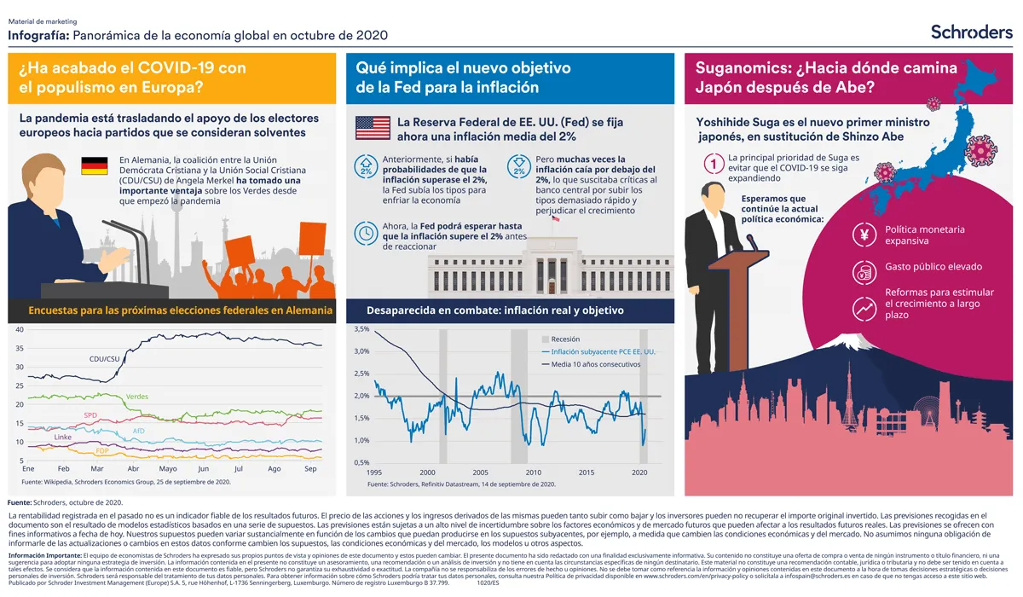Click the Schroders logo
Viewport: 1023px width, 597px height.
pyautogui.click(x=971, y=32)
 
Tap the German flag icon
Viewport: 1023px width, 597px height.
pyautogui.click(x=94, y=166)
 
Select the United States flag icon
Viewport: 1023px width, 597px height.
pyautogui.click(x=373, y=128)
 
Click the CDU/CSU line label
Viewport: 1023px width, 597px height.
pyautogui.click(x=104, y=359)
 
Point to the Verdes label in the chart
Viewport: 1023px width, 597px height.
pyautogui.click(x=136, y=397)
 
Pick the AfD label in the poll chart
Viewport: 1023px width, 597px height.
pyautogui.click(x=139, y=431)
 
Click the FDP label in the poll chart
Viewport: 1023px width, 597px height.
pyautogui.click(x=101, y=450)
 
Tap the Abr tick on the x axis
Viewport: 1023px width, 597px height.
pyautogui.click(x=132, y=469)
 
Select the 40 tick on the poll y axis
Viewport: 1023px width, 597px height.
pyautogui.click(x=19, y=330)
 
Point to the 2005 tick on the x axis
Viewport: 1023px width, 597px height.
pyautogui.click(x=480, y=472)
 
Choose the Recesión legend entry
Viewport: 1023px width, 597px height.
pyautogui.click(x=565, y=339)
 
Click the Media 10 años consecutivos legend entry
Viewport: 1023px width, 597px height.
pyautogui.click(x=595, y=364)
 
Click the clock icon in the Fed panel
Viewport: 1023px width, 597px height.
pyautogui.click(x=366, y=232)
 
